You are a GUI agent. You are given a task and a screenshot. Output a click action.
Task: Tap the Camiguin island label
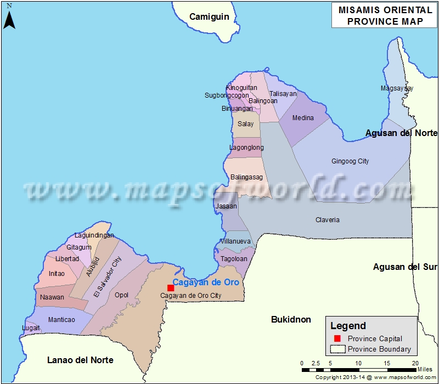209,17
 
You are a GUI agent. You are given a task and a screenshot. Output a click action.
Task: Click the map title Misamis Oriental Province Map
384,16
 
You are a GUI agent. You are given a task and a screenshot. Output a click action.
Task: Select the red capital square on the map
171,288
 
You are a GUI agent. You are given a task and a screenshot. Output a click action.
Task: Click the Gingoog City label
350,161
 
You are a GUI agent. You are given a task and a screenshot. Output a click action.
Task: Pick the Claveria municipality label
327,220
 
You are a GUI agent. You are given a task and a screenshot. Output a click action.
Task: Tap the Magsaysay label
397,88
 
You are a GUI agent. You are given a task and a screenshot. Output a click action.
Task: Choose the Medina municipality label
303,118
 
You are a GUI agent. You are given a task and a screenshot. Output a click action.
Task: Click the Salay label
245,124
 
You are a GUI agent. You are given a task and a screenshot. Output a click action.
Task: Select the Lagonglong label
246,148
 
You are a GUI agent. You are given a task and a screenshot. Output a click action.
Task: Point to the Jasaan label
227,206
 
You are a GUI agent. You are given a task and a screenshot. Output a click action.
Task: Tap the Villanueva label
235,241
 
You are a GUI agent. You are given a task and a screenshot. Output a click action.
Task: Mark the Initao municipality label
57,274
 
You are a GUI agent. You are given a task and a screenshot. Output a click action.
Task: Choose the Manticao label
61,320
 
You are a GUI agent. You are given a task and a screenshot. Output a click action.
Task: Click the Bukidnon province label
291,320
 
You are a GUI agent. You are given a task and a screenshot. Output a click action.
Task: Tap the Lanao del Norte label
80,360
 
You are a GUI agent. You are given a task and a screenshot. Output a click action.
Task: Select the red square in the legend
337,338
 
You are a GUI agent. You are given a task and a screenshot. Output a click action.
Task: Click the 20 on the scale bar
415,363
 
